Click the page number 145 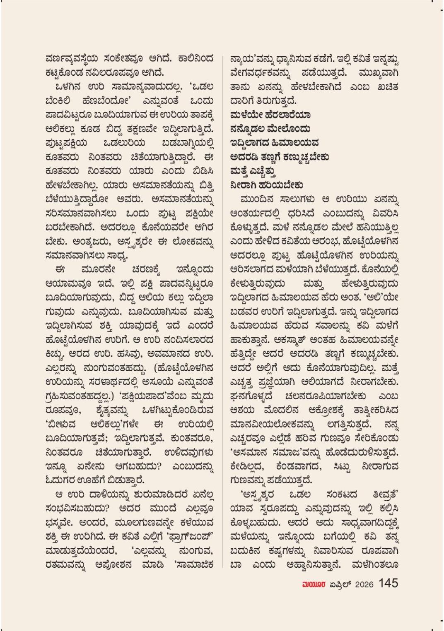[x=388, y=583]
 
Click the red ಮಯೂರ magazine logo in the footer [x=315, y=584]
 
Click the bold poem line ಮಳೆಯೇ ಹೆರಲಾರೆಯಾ [x=270, y=115]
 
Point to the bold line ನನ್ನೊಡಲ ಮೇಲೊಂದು [x=270, y=129]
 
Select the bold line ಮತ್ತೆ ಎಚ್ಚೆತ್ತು [x=253, y=171]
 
